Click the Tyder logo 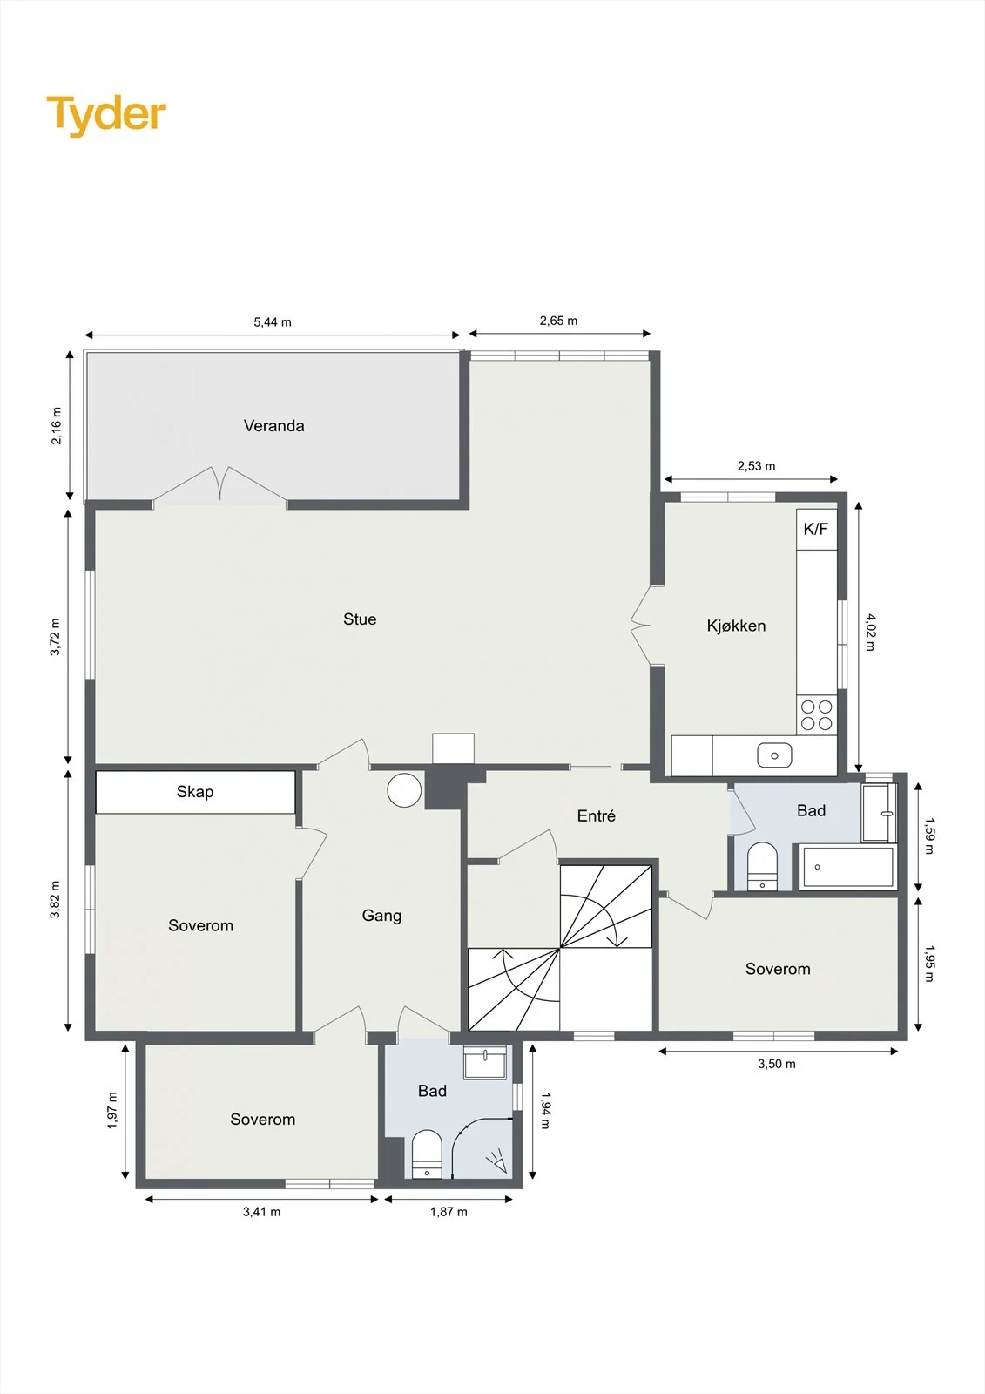click(106, 116)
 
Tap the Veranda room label click(273, 426)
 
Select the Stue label click(360, 619)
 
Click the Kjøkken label click(736, 626)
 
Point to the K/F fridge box click(816, 529)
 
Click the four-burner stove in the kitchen click(817, 715)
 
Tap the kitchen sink click(775, 755)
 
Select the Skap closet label click(195, 792)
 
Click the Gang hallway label click(381, 916)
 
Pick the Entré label click(596, 815)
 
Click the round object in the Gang click(404, 790)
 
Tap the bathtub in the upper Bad click(847, 866)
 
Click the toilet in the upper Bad click(762, 866)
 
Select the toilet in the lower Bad click(427, 1154)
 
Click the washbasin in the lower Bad click(485, 1062)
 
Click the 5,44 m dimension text click(273, 322)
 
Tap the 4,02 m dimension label click(871, 633)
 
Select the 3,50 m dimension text click(777, 1064)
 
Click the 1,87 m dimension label click(449, 1212)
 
